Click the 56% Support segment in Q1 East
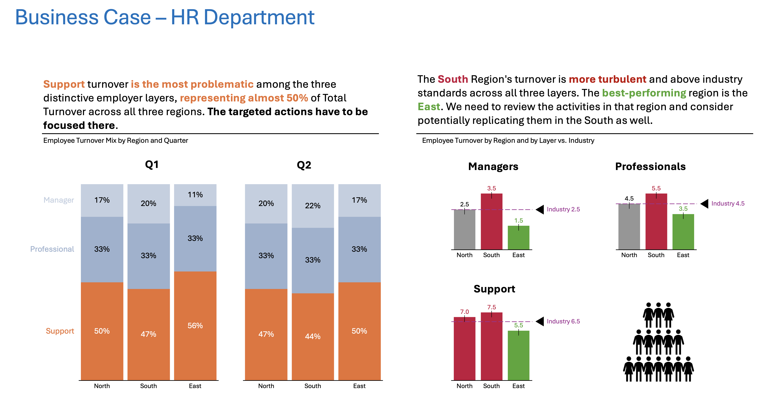point(195,325)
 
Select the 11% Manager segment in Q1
point(195,195)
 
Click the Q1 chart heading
point(152,165)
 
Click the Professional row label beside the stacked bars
point(52,249)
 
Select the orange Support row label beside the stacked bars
point(60,331)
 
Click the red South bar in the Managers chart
point(491,222)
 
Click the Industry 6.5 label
point(563,321)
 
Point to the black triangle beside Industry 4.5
point(705,204)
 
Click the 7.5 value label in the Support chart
point(491,307)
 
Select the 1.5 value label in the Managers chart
point(518,221)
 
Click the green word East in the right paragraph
point(429,107)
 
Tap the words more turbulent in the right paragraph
point(607,79)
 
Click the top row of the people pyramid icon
point(658,314)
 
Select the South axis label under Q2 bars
point(313,386)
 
